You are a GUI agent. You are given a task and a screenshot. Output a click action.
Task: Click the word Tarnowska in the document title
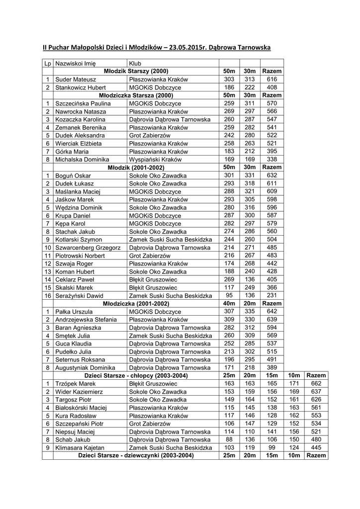coord(250,48)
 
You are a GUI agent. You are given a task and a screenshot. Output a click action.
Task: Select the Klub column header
coord(135,64)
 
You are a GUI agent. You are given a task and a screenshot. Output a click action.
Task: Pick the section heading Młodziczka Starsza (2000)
coord(136,95)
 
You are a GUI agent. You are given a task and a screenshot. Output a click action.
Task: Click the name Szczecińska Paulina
coord(82,103)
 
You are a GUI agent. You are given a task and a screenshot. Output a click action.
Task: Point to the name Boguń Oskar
coord(73,176)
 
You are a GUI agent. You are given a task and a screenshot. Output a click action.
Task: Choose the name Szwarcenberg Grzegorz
coord(88,248)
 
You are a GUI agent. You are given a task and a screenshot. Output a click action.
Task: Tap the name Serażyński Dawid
coord(80,295)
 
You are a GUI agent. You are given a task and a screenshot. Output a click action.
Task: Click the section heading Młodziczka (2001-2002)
coord(136,303)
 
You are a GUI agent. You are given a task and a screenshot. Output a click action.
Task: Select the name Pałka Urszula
coord(74,312)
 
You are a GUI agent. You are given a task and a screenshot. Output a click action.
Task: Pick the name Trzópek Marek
coord(75,384)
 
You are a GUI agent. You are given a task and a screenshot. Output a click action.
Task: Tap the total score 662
coord(316,384)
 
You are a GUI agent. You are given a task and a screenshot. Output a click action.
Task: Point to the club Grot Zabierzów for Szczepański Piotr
coord(149,424)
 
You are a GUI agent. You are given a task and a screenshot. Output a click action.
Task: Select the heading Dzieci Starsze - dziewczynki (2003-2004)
coord(136,456)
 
